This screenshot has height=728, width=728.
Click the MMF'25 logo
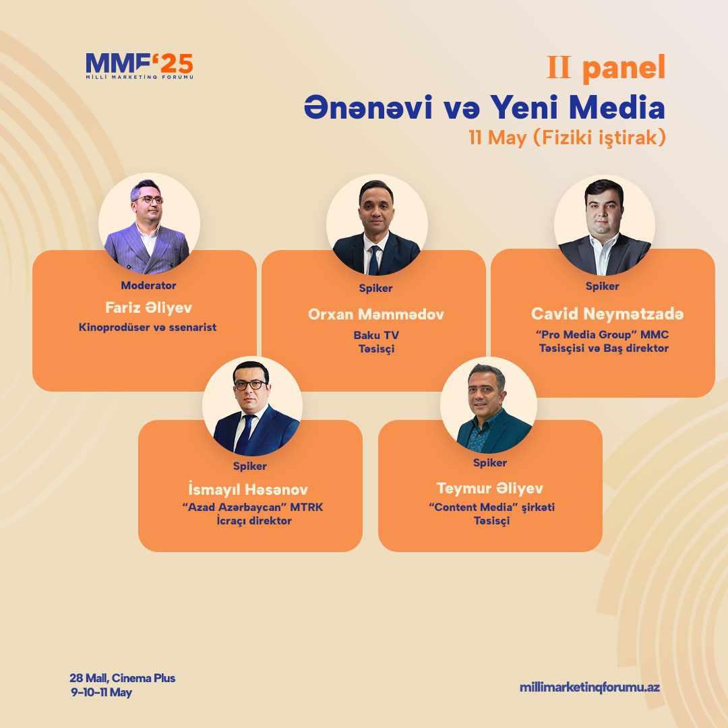[140, 66]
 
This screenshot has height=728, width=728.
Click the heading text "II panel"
[606, 68]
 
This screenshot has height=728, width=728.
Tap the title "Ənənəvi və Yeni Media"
[485, 107]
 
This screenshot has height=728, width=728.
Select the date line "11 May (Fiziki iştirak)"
[567, 138]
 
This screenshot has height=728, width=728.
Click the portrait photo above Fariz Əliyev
[149, 223]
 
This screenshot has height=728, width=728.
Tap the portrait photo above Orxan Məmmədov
[377, 224]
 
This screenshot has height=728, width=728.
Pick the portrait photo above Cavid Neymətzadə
[605, 224]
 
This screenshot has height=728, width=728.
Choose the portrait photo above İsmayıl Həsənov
[252, 406]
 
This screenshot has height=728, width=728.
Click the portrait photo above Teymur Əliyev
[489, 405]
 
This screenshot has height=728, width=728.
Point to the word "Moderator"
[148, 286]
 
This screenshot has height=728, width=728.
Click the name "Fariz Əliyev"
[148, 307]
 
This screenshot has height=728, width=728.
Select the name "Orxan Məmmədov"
[376, 314]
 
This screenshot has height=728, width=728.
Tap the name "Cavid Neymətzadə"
[607, 314]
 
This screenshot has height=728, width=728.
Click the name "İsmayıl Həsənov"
[248, 489]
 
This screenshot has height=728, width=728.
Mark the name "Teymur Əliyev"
[490, 489]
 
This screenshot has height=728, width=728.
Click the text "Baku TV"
[376, 335]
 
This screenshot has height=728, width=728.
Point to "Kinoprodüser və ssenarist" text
[148, 328]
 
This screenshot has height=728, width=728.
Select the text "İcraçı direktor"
[254, 520]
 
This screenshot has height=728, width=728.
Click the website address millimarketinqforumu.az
[590, 688]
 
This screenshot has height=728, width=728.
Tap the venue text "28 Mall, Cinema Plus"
[123, 678]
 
